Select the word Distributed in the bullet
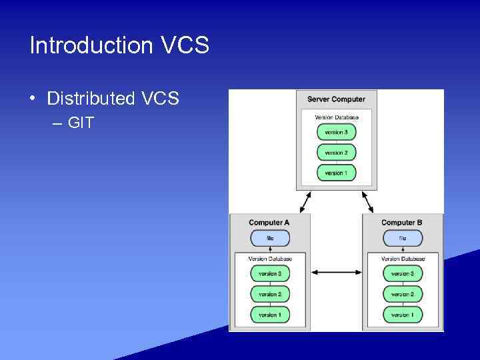point(91,99)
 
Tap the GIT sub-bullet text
point(81,123)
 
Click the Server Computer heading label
point(336,99)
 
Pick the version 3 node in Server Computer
point(336,132)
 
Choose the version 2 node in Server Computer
point(336,153)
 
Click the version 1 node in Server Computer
point(336,173)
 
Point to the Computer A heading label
point(269,223)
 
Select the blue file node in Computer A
point(270,238)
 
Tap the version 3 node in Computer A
point(270,273)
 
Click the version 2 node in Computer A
point(270,294)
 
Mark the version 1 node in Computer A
point(270,314)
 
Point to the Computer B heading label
point(402,223)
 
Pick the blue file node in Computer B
point(403,238)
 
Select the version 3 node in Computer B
point(403,273)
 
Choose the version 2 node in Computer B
point(403,294)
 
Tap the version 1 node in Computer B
point(403,314)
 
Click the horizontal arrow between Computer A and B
point(336,272)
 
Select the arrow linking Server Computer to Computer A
point(305,200)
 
